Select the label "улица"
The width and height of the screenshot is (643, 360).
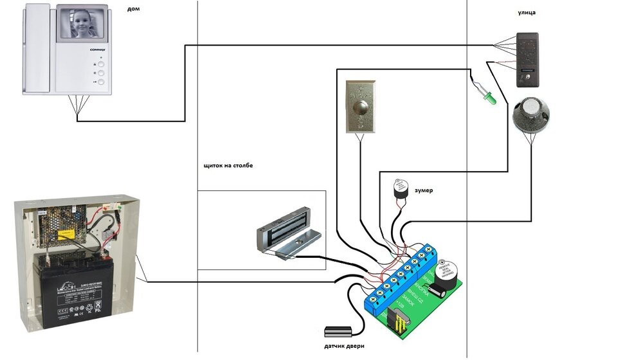click(527, 12)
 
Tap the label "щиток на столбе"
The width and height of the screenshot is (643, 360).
click(228, 166)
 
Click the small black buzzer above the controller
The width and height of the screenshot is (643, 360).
click(399, 190)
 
